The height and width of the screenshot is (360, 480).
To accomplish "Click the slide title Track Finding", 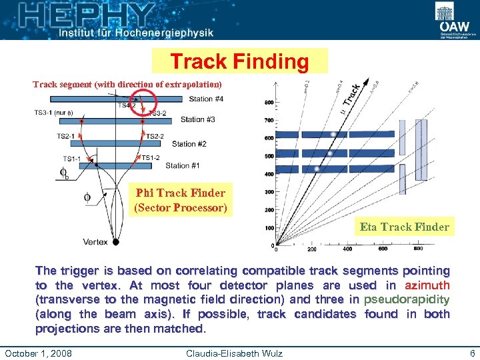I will [x=239, y=62].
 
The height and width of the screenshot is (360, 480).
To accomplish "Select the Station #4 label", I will [x=206, y=99].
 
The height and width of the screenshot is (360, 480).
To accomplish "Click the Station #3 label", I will [x=197, y=120].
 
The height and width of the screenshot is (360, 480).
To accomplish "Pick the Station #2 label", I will [x=189, y=144].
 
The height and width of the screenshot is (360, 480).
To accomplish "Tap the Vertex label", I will [x=95, y=241].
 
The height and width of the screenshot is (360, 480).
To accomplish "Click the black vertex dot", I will [x=116, y=241].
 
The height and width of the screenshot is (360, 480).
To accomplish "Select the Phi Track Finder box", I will [x=181, y=200].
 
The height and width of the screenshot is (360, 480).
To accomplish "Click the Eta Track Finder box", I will [x=404, y=227].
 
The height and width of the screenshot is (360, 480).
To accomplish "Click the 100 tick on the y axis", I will [x=269, y=228].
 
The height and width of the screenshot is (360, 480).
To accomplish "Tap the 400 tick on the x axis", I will [x=347, y=249].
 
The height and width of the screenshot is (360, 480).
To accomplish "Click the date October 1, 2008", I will [x=39, y=352].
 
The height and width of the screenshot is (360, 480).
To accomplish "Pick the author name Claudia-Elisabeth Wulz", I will [x=234, y=352].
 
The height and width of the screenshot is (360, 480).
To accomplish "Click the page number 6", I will [x=472, y=352].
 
